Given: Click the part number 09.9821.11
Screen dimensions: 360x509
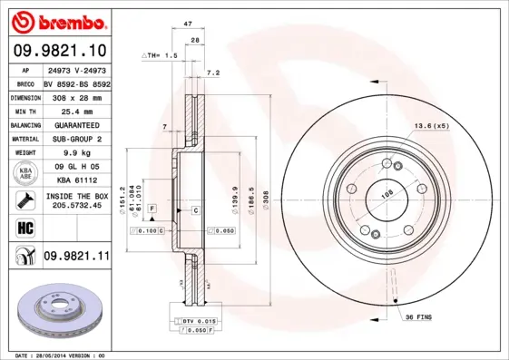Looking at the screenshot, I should point(76,258).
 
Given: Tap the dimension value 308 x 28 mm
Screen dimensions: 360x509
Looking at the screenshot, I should point(75,95).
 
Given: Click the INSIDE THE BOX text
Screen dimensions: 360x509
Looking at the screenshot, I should point(75,196).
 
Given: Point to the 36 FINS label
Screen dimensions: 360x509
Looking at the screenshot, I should point(419,316).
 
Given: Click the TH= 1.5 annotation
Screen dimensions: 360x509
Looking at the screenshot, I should point(160,56).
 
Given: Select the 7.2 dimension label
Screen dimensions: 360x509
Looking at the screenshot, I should point(213,73).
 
